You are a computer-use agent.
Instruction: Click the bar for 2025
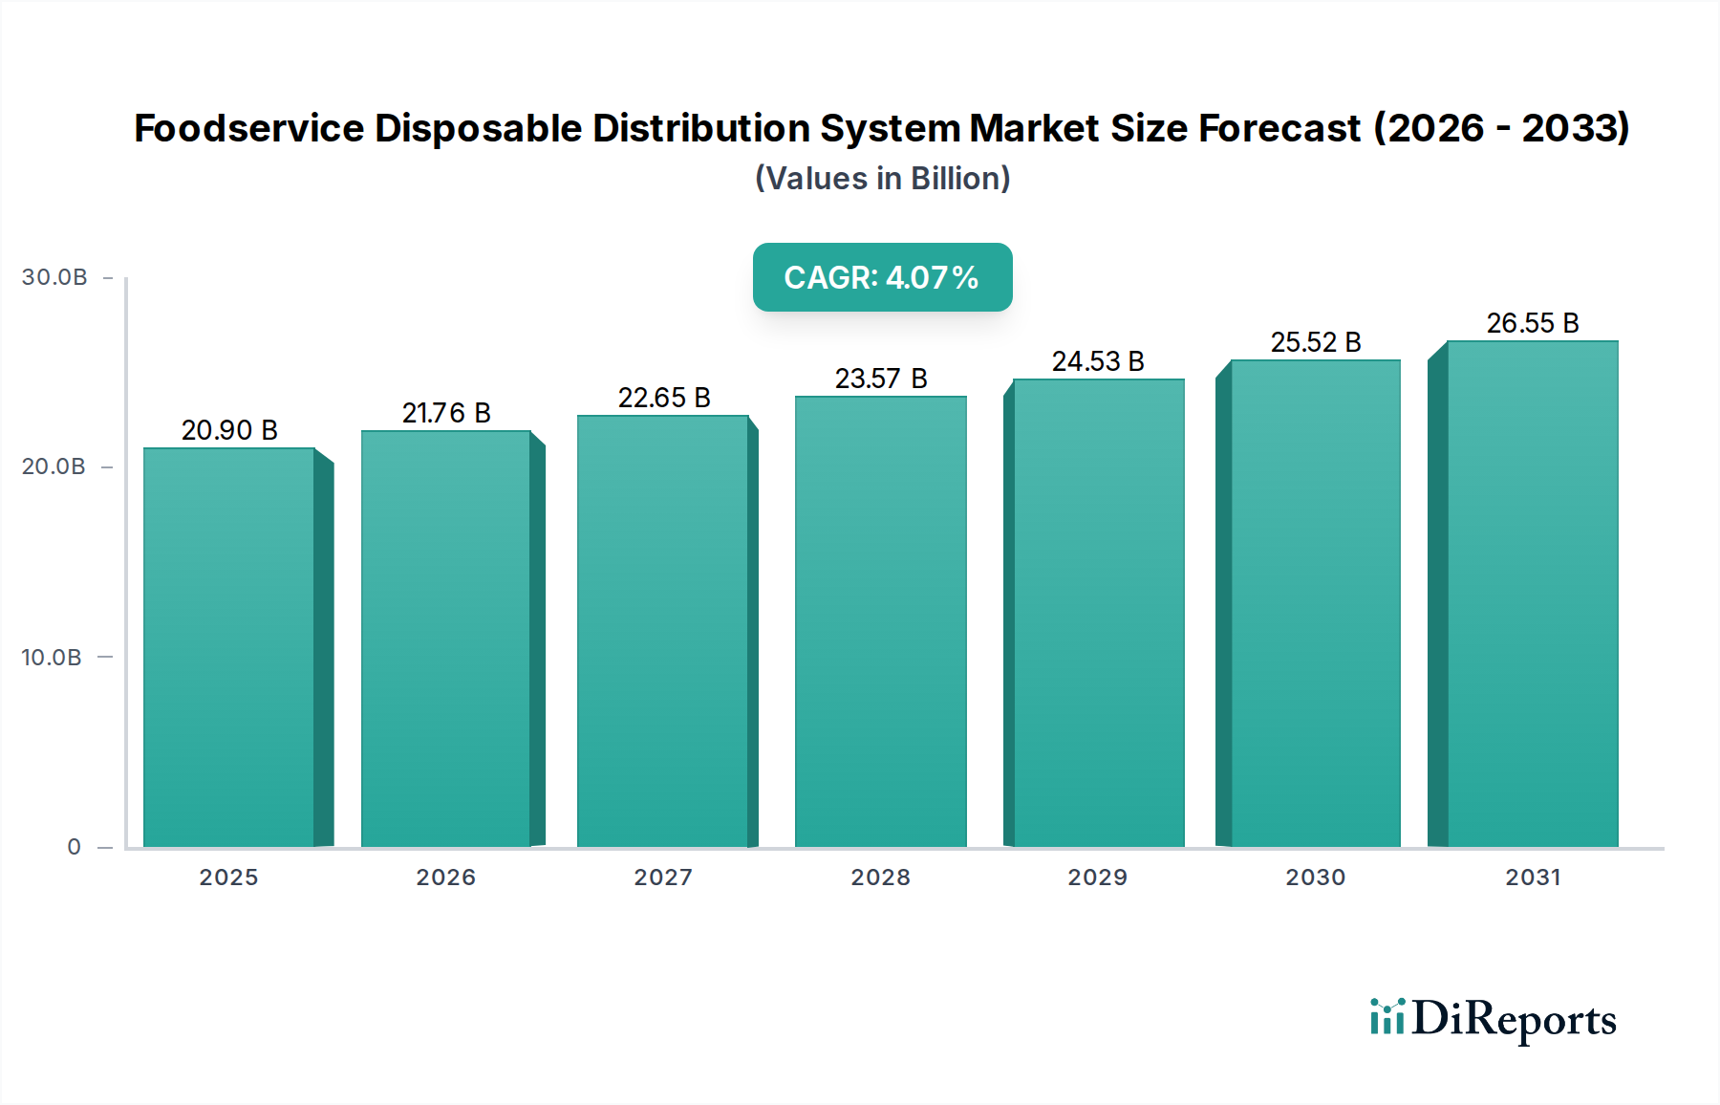click(x=229, y=647)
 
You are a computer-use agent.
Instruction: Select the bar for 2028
click(x=880, y=621)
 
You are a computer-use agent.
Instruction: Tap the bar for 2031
click(x=1532, y=594)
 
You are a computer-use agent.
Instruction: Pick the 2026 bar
click(x=445, y=639)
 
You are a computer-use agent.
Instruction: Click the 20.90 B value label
click(x=229, y=430)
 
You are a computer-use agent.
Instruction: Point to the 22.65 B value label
click(x=664, y=398)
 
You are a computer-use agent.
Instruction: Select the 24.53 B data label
click(x=1098, y=361)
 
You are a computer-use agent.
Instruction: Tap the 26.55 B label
click(x=1533, y=323)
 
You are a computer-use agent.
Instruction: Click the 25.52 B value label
click(x=1316, y=342)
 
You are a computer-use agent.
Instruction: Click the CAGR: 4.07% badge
click(x=882, y=277)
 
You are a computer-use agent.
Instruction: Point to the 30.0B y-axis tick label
click(x=54, y=277)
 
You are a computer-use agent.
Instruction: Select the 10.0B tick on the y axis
click(x=52, y=658)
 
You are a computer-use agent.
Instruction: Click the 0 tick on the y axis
click(x=75, y=847)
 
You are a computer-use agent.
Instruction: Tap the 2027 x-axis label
click(x=663, y=877)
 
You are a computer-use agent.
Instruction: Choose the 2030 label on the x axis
click(x=1316, y=877)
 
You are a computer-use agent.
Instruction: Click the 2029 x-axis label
click(x=1098, y=877)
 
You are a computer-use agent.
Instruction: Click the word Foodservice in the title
click(x=248, y=128)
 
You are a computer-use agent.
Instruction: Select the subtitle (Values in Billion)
click(x=882, y=179)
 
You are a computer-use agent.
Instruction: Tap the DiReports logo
click(x=1493, y=1019)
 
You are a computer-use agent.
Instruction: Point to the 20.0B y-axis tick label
click(x=54, y=466)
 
